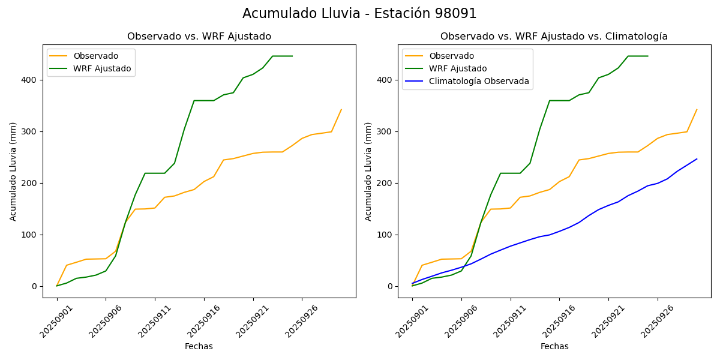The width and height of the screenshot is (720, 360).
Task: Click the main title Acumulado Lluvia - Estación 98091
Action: pos(359,14)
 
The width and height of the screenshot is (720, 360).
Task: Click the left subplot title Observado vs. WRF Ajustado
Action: pos(199,37)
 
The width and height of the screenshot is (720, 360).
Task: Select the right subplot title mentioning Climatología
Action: pos(554,37)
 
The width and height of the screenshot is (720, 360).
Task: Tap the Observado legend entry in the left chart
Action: pos(95,56)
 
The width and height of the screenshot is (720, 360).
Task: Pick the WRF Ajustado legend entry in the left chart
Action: pos(102,68)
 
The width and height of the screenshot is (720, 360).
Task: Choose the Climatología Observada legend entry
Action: pos(479,82)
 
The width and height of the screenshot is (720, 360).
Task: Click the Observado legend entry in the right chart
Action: pos(451,56)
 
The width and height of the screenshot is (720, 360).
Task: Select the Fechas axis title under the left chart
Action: pos(199,346)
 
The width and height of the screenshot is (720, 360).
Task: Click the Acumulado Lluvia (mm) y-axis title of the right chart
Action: pos(368,171)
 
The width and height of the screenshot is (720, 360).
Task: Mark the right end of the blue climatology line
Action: pos(697,159)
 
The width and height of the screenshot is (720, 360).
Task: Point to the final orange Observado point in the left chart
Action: pos(341,110)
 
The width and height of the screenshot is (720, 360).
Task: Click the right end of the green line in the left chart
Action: pos(292,56)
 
